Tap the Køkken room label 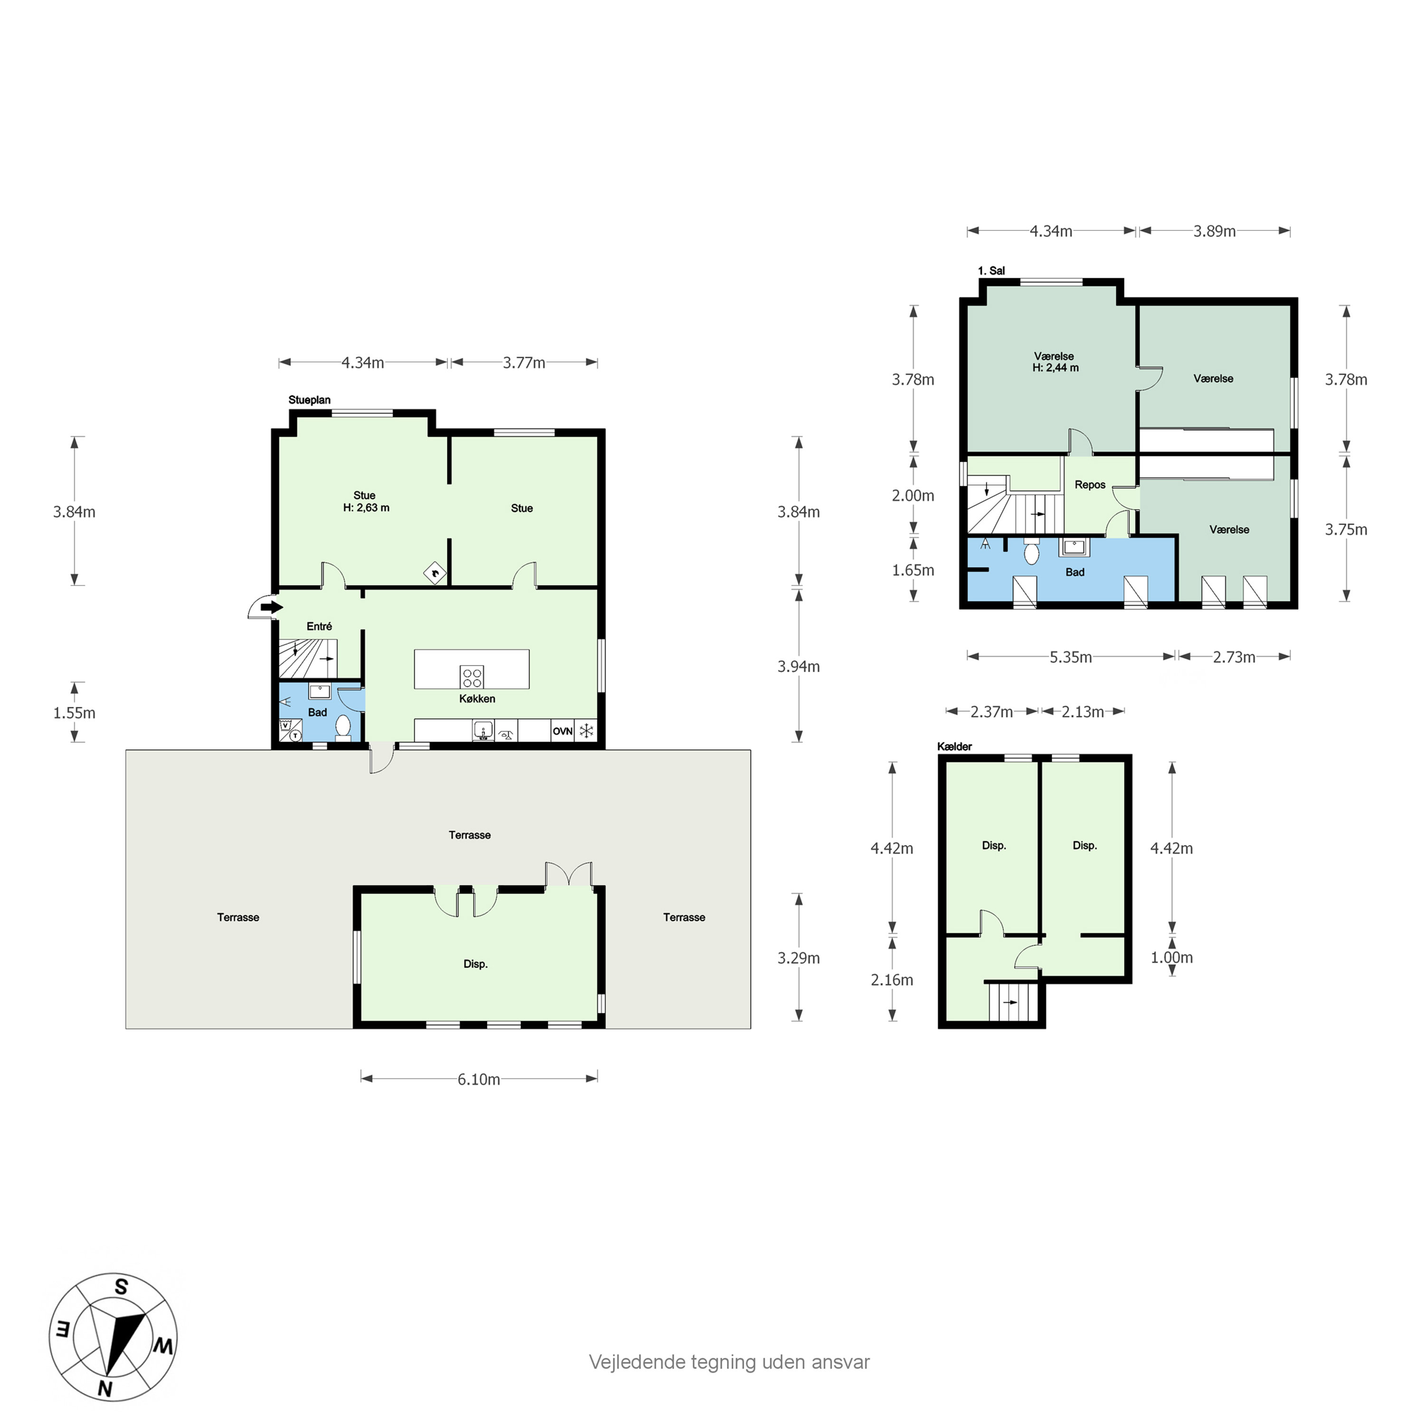click(477, 698)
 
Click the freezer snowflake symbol click(586, 731)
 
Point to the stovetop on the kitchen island click(472, 677)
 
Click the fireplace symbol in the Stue click(435, 572)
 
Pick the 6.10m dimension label click(479, 1080)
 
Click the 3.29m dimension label click(799, 958)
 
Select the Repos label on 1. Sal click(1090, 484)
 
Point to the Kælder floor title click(954, 746)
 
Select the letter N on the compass click(105, 1389)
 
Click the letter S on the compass click(122, 1308)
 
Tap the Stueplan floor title click(310, 400)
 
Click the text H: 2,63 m click(367, 507)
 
